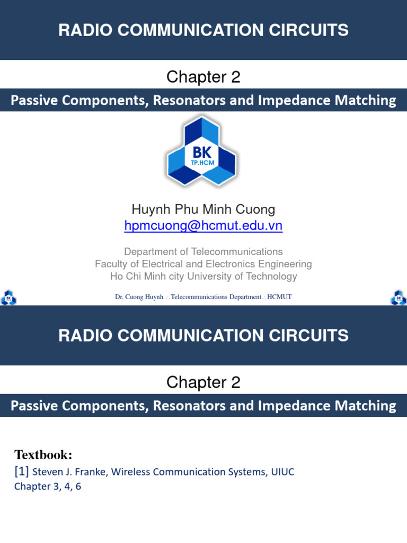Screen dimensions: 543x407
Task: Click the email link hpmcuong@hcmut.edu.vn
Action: point(203,226)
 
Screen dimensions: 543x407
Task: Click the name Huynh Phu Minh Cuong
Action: point(203,209)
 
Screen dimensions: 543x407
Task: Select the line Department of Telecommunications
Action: point(203,251)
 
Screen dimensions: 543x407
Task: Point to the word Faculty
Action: point(111,264)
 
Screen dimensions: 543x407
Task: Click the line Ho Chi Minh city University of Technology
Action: point(203,276)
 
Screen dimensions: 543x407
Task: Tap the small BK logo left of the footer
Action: point(8,297)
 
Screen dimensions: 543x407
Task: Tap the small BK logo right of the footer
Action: point(399,297)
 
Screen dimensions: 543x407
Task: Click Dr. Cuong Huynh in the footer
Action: point(139,297)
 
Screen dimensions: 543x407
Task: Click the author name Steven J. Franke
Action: point(67,472)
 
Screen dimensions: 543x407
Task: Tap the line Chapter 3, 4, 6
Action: point(48,486)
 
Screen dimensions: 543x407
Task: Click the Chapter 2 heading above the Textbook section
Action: point(203,382)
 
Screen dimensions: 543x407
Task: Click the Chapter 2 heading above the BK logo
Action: point(203,77)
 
